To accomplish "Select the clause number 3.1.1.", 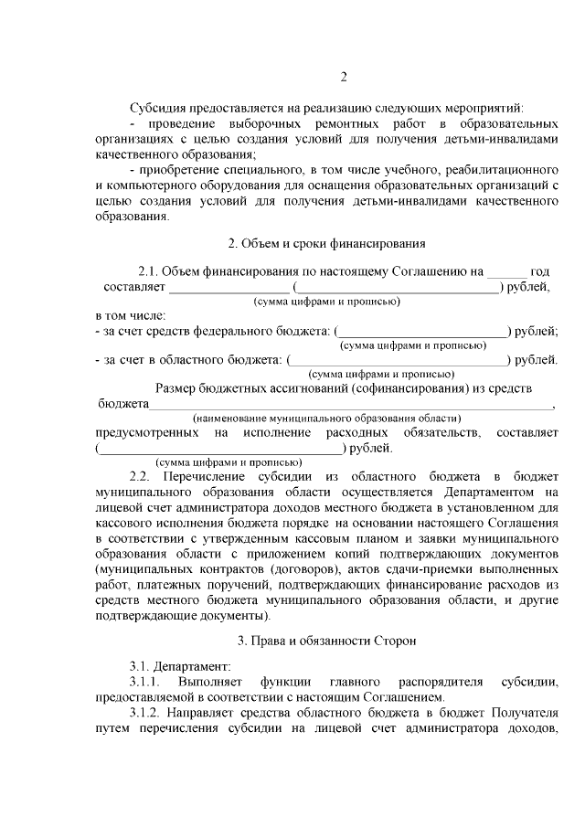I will point(145,683).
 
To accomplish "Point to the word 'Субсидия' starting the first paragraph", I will point(156,108).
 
